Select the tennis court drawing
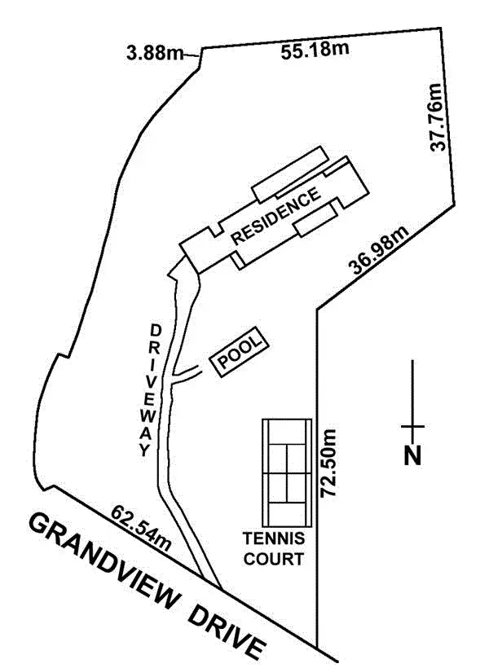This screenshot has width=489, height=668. (287, 472)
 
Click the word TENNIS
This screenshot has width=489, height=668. (274, 539)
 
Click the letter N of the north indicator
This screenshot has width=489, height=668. (413, 455)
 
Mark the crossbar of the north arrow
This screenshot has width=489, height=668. (413, 426)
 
